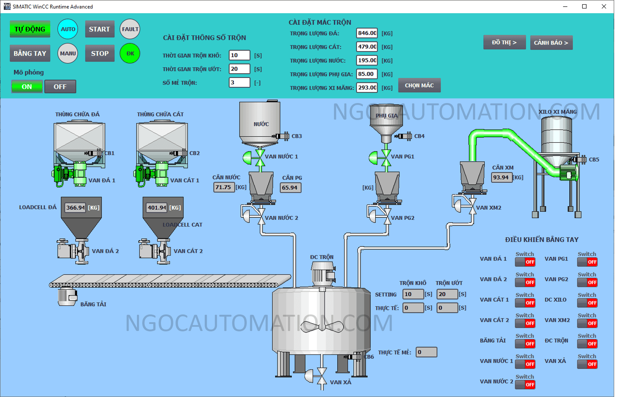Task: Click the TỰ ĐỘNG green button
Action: pyautogui.click(x=30, y=29)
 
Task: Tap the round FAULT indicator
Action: pyautogui.click(x=130, y=29)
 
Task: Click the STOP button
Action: pyautogui.click(x=100, y=53)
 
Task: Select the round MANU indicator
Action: pyautogui.click(x=68, y=53)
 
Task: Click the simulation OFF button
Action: pyautogui.click(x=60, y=86)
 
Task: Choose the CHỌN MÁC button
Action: pyautogui.click(x=419, y=85)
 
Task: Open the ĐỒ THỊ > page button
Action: pyautogui.click(x=504, y=42)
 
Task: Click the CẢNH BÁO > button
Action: pyautogui.click(x=551, y=43)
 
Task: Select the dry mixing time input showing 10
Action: pyautogui.click(x=239, y=55)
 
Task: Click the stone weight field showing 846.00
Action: pyautogui.click(x=367, y=33)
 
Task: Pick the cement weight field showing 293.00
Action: pyautogui.click(x=367, y=88)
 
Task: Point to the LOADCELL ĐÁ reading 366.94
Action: pyautogui.click(x=76, y=207)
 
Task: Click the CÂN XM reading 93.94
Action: pyautogui.click(x=501, y=177)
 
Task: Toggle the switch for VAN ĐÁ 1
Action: pyautogui.click(x=525, y=262)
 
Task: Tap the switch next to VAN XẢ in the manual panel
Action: pyautogui.click(x=587, y=364)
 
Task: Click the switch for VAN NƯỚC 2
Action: pyautogui.click(x=525, y=385)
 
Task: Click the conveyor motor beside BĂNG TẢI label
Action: pyautogui.click(x=67, y=296)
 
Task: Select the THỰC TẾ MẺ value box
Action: pyautogui.click(x=426, y=352)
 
